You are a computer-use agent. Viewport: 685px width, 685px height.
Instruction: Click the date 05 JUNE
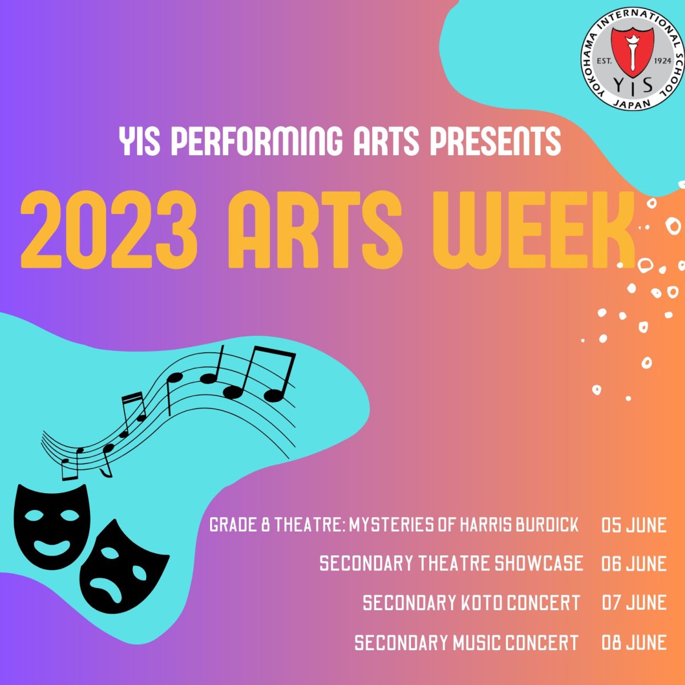click(x=634, y=525)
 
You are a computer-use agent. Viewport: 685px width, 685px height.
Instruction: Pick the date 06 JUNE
click(x=634, y=563)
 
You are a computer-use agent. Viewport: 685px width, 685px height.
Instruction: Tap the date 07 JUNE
click(x=634, y=603)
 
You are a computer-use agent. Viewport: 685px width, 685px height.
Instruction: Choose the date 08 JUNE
click(x=634, y=642)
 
